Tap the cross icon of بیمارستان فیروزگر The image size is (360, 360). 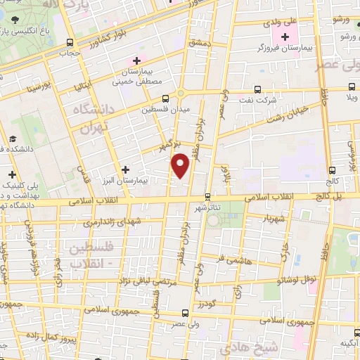click(x=285, y=37)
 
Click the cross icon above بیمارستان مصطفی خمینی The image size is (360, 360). click(x=136, y=61)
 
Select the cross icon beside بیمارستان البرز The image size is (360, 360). click(x=125, y=169)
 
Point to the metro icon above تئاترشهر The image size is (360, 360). click(x=207, y=197)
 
